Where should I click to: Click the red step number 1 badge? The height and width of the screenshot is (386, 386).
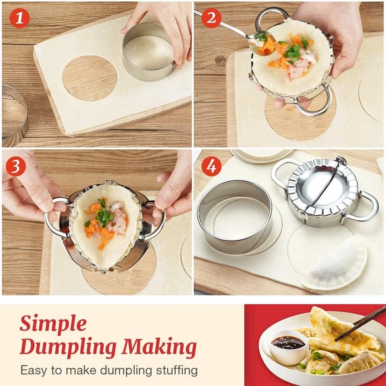[20, 18]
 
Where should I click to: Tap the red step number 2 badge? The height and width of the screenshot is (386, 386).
[212, 18]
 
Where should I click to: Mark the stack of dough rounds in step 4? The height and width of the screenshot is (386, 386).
[262, 155]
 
